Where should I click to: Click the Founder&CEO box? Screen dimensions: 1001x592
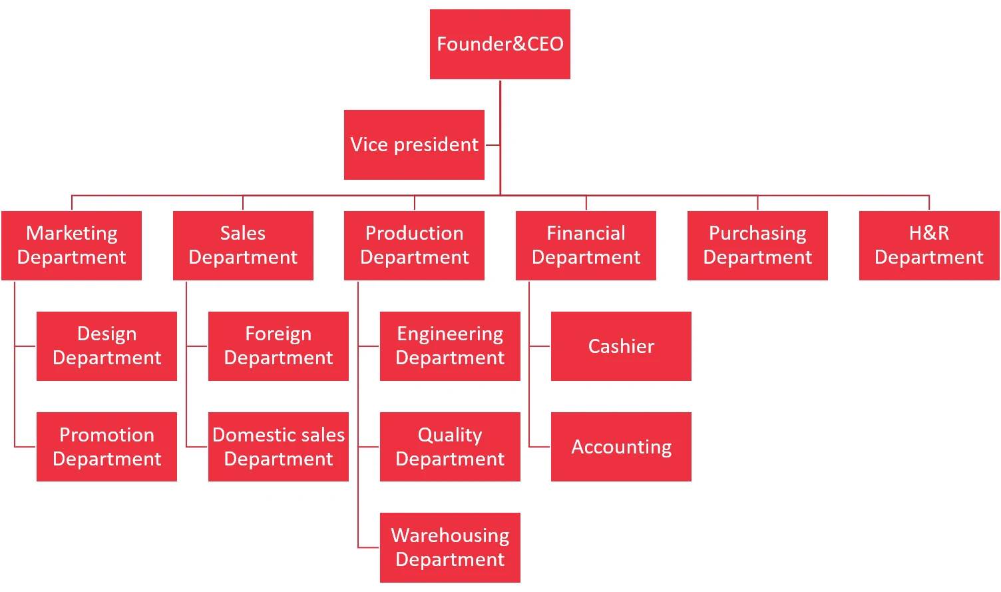pos(500,44)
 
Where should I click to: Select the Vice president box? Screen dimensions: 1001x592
pos(414,145)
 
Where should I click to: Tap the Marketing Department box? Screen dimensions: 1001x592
pos(71,245)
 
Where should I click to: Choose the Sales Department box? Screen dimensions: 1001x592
pos(243,245)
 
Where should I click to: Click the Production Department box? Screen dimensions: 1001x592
pos(414,245)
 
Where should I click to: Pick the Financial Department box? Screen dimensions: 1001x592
pos(586,245)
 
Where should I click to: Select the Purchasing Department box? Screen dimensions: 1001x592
pos(757,245)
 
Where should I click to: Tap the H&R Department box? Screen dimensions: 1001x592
pos(929,245)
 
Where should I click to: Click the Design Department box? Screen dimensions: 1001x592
pos(106,346)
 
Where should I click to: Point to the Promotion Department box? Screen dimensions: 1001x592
pos(106,447)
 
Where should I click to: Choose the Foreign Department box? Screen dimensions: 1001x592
pos(278,346)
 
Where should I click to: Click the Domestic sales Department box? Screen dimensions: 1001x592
pos(278,447)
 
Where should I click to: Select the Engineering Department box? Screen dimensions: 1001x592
pos(450,346)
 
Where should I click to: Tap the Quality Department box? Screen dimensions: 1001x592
pos(450,447)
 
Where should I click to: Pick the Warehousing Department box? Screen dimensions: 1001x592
pos(450,547)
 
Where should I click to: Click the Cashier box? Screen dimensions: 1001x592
pos(621,346)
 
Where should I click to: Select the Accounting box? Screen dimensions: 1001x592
pos(621,447)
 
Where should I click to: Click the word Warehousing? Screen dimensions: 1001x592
pos(450,535)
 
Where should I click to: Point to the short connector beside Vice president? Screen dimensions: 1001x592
pos(493,145)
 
